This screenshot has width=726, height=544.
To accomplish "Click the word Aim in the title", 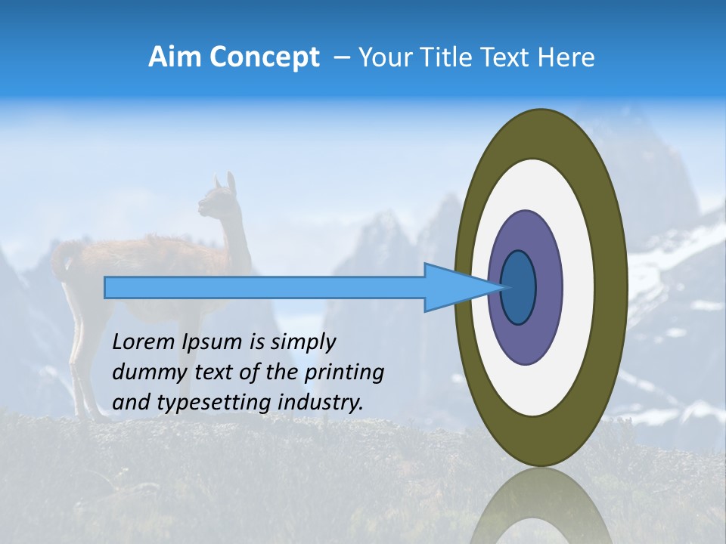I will pos(173,57).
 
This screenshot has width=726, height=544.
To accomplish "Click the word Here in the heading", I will pos(566,57).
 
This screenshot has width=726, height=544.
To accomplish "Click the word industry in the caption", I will pos(321,403).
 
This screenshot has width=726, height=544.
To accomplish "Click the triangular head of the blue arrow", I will pos(454,287).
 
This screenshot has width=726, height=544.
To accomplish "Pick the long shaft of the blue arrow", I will pos(265,287).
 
